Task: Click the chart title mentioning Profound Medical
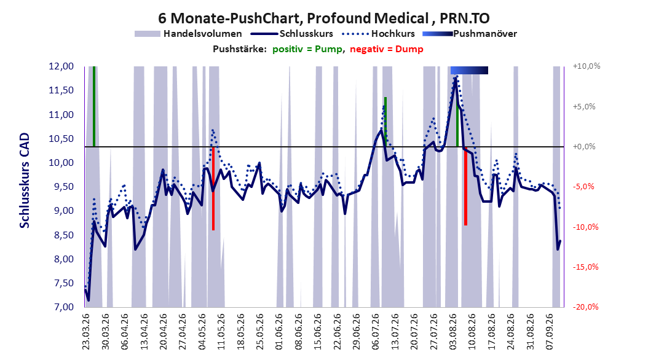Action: click(323, 18)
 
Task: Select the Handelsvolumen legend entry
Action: click(188, 34)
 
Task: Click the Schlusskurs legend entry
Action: click(292, 34)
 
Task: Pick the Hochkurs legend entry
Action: click(377, 34)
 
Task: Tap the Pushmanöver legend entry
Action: click(470, 34)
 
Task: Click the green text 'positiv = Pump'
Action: click(307, 49)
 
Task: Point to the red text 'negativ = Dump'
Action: click(387, 49)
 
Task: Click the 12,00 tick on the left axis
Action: click(61, 66)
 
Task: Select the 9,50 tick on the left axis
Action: click(61, 187)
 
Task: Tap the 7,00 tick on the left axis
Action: click(61, 307)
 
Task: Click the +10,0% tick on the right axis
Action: click(587, 66)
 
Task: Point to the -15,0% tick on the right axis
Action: click(585, 267)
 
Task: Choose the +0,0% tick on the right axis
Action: click(584, 147)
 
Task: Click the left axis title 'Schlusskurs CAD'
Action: click(25, 181)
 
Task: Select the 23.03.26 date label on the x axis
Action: click(86, 332)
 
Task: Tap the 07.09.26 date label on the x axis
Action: click(550, 332)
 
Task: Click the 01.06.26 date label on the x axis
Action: click(279, 332)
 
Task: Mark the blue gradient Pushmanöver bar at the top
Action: click(469, 70)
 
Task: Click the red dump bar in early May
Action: click(213, 188)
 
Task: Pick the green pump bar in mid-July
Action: click(385, 122)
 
